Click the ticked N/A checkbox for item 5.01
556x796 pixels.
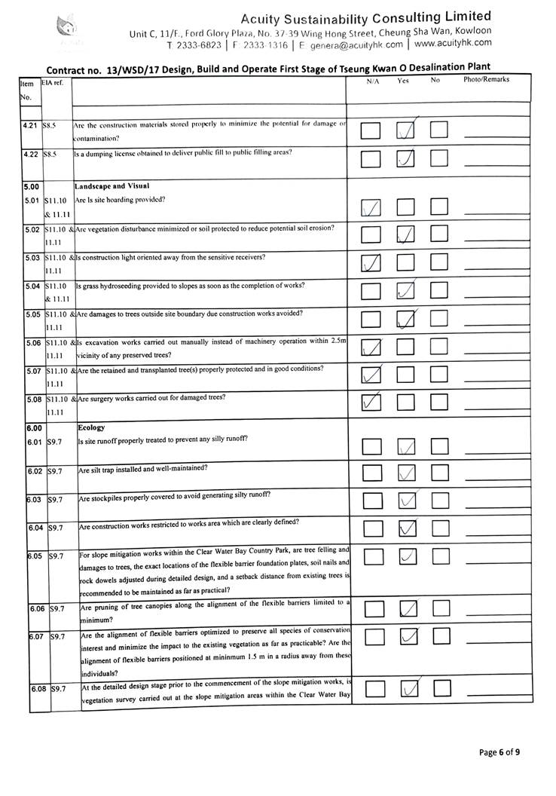(371, 207)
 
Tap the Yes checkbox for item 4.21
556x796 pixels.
(406, 131)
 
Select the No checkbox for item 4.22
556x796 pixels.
(438, 159)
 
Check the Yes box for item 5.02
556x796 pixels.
(406, 234)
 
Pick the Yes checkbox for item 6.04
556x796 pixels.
(407, 529)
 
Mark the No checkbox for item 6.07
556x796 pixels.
(440, 638)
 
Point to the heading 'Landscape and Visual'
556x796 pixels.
(112, 185)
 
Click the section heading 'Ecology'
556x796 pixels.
(92, 427)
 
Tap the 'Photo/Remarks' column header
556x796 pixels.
(486, 79)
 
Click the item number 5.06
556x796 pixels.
(32, 342)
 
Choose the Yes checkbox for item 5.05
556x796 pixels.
(406, 320)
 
